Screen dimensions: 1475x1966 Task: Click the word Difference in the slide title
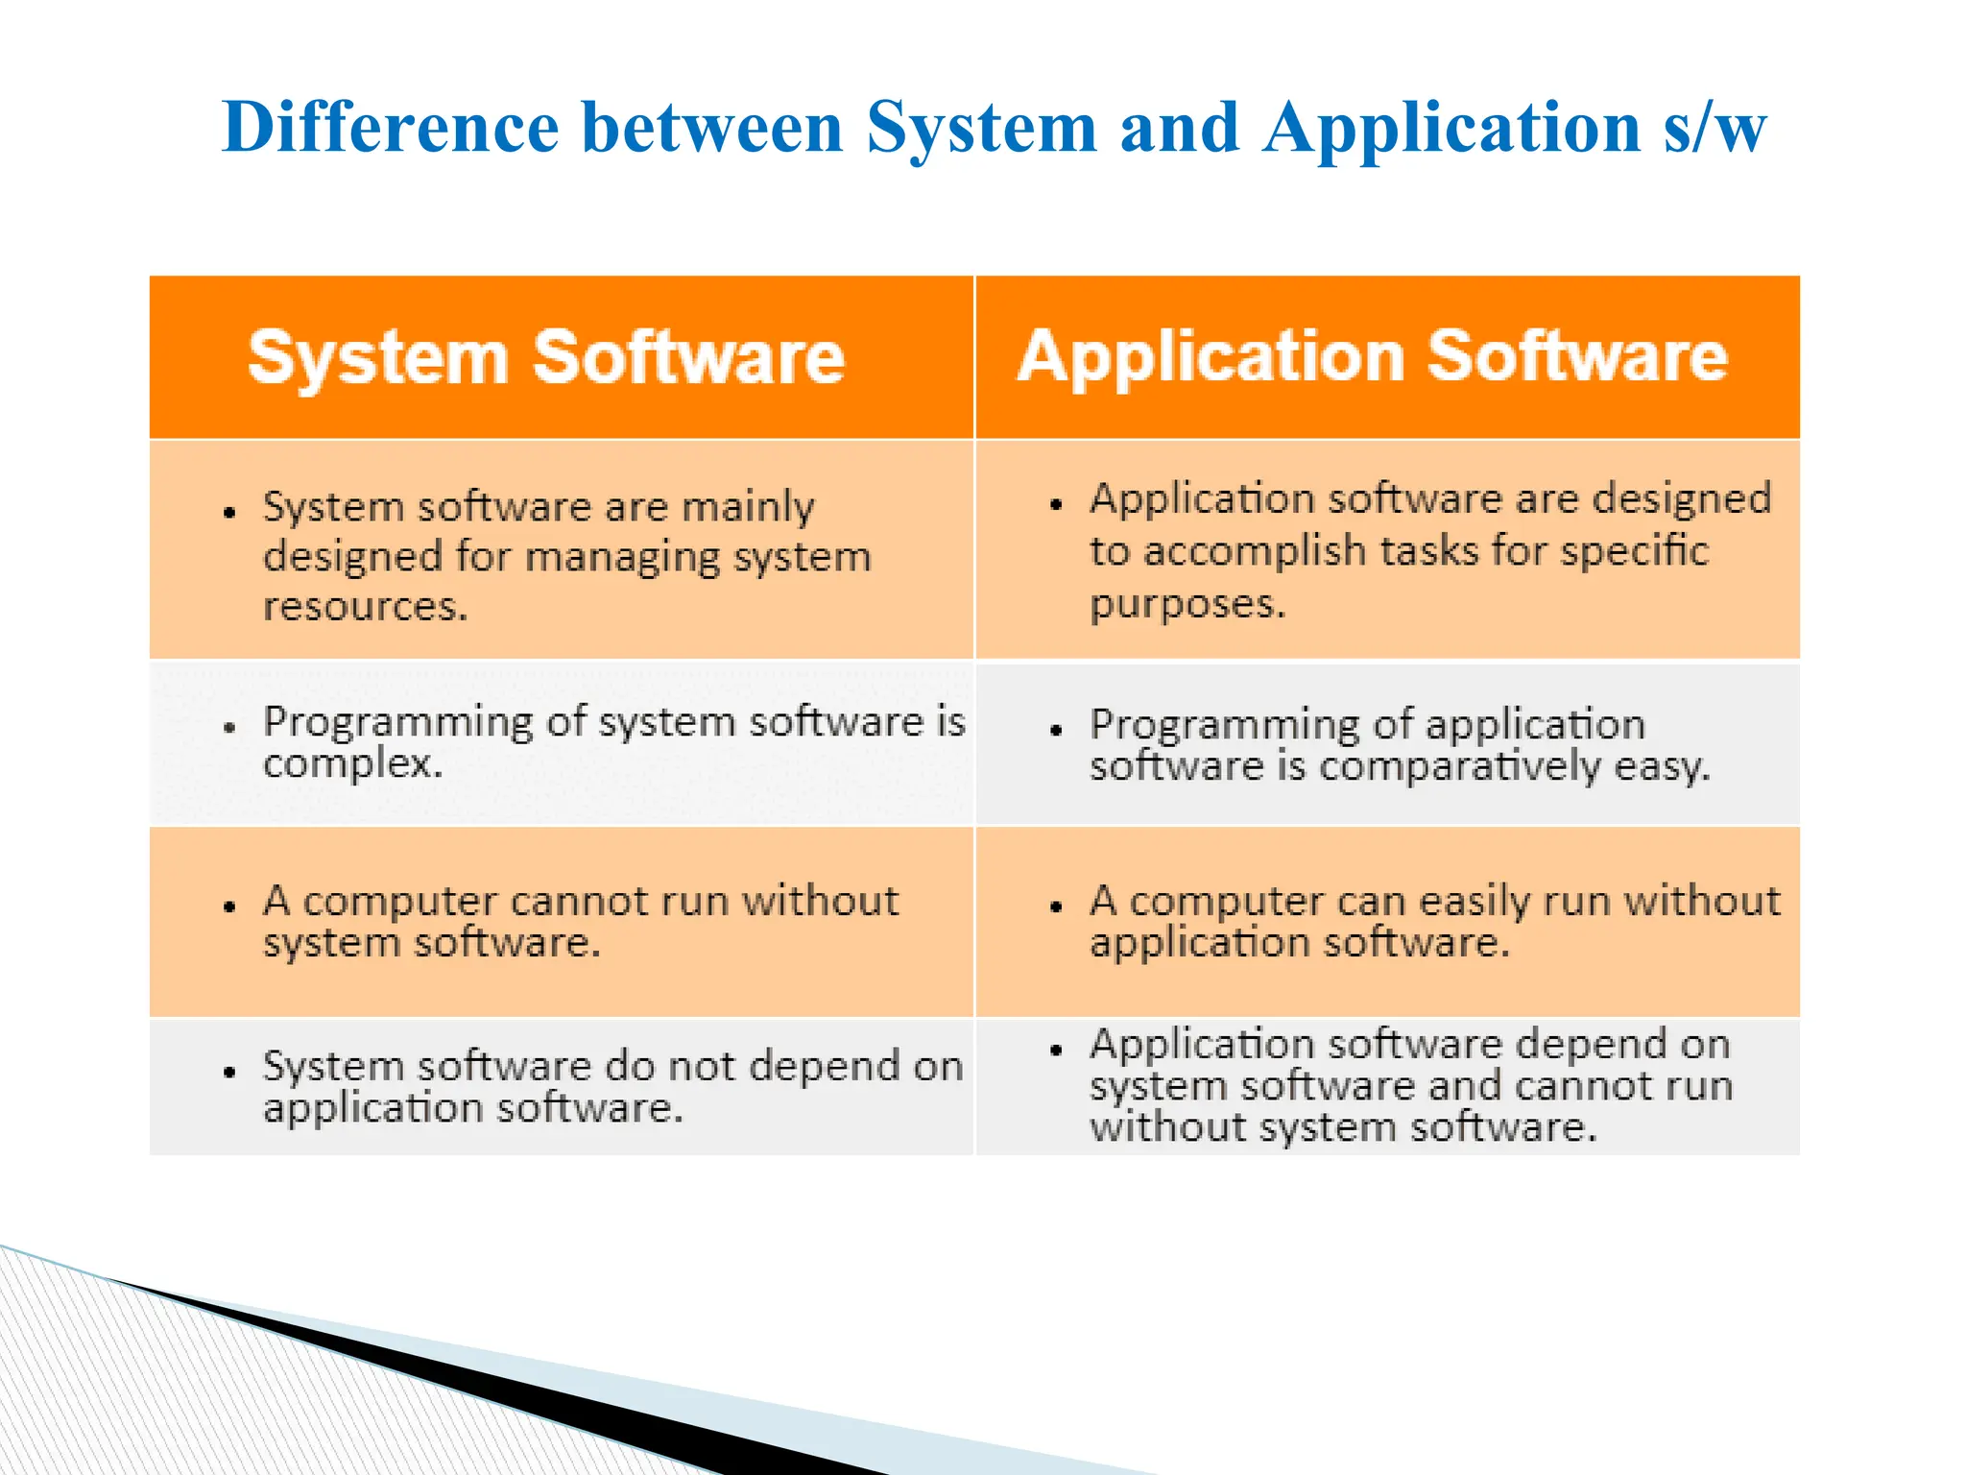(x=390, y=128)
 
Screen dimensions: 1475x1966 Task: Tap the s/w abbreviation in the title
(x=1714, y=128)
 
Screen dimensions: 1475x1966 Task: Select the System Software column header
(x=546, y=357)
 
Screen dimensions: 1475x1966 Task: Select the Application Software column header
(x=1373, y=356)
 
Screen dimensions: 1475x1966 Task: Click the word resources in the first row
(x=365, y=607)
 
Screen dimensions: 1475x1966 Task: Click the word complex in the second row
(x=352, y=764)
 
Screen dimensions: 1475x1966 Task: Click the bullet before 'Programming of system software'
(x=229, y=728)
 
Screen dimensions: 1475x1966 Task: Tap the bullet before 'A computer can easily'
(x=1056, y=907)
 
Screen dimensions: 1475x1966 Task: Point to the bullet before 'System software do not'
(x=229, y=1072)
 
